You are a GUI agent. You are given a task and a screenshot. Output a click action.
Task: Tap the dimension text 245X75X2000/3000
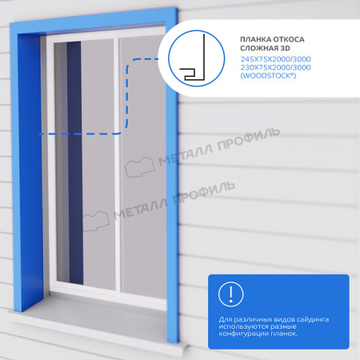tap(275, 59)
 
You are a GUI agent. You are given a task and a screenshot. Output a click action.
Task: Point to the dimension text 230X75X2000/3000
tap(275, 67)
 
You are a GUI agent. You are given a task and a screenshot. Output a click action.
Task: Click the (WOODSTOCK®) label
tap(268, 76)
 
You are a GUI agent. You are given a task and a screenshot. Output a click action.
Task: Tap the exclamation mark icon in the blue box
tap(230, 294)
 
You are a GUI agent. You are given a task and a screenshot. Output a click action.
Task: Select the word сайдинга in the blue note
tap(313, 319)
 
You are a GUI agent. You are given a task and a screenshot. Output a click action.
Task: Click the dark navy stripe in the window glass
tap(75, 162)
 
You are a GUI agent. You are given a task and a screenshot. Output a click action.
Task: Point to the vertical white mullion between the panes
tap(117, 164)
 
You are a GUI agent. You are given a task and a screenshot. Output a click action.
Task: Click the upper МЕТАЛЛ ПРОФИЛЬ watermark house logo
tap(139, 167)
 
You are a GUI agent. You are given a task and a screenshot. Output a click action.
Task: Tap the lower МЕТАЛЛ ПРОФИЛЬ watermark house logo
tap(94, 221)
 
